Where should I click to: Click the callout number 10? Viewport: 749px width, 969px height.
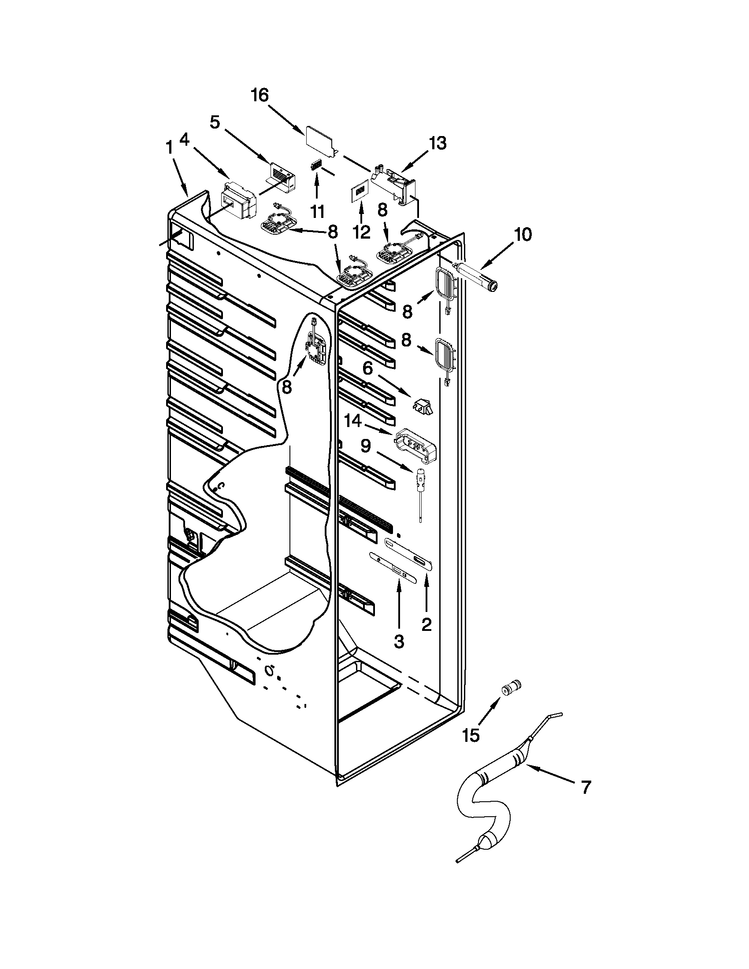coord(523,235)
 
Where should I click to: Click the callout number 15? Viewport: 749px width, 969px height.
coord(471,735)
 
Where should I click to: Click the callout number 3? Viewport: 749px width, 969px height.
coord(399,641)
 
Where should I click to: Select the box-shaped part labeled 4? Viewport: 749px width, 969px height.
coord(238,205)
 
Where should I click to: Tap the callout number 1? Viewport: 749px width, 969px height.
coord(169,148)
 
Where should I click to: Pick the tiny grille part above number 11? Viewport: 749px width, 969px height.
coord(316,165)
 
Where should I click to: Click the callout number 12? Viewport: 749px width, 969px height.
coord(362,232)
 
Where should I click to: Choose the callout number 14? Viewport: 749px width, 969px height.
coord(354,421)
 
